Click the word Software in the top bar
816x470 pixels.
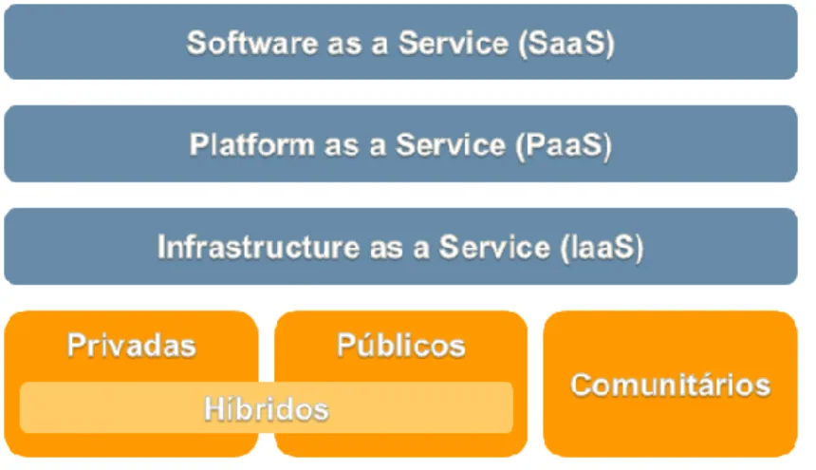click(251, 42)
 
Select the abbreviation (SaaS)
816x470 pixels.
click(566, 43)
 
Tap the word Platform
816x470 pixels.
click(251, 144)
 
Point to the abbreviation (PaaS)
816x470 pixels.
click(564, 145)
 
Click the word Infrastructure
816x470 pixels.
click(258, 247)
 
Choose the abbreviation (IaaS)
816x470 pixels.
click(603, 248)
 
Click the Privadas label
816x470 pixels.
click(132, 345)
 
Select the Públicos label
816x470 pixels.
click(400, 344)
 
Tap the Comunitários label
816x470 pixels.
click(670, 385)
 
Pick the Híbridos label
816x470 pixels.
click(267, 407)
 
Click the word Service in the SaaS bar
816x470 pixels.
click(454, 42)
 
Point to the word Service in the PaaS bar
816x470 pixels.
click(450, 144)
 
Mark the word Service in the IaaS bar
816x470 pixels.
click(494, 247)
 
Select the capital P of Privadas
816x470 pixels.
click(76, 345)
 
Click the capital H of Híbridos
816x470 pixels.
click(214, 408)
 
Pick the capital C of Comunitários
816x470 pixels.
click(582, 385)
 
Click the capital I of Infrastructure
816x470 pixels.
click(160, 247)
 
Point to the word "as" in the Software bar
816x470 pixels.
click(344, 46)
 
